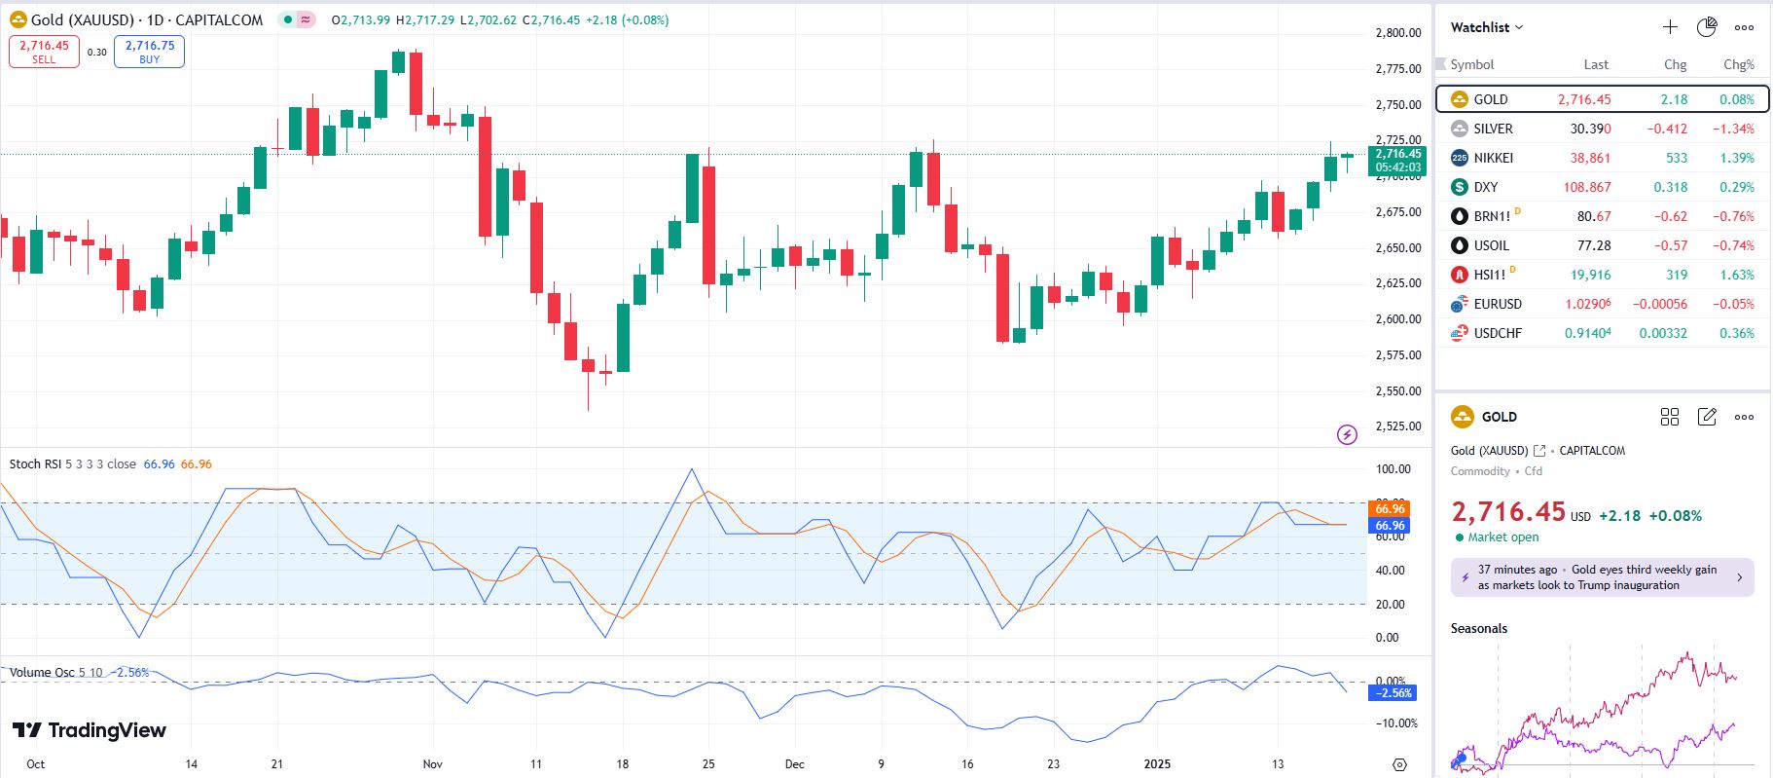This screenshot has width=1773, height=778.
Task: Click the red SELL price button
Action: (x=44, y=52)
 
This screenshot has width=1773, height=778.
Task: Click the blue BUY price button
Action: (x=149, y=52)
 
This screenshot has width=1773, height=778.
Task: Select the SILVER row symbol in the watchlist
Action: (x=1493, y=129)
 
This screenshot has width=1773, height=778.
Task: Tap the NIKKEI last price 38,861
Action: (x=1590, y=158)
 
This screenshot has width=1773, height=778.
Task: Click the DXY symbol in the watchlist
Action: (x=1485, y=187)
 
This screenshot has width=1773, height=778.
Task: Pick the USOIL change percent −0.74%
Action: (x=1733, y=245)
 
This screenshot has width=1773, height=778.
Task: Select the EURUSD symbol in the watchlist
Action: (x=1497, y=304)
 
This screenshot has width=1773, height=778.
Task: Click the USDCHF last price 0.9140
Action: (x=1587, y=333)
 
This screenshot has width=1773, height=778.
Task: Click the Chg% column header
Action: (x=1738, y=64)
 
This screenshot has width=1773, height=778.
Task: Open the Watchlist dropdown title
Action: (x=1486, y=27)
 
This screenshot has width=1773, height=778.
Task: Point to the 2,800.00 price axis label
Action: (x=1397, y=33)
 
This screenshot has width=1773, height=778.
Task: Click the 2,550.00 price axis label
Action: (x=1397, y=390)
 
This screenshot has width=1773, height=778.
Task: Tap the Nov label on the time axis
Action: (x=432, y=764)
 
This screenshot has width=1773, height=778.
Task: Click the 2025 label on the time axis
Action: (x=1157, y=764)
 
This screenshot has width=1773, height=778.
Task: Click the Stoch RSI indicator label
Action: (x=35, y=464)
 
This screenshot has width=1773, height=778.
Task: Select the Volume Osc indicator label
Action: (x=42, y=673)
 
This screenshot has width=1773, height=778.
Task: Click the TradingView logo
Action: (x=90, y=730)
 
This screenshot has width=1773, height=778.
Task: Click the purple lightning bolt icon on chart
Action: (x=1347, y=434)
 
